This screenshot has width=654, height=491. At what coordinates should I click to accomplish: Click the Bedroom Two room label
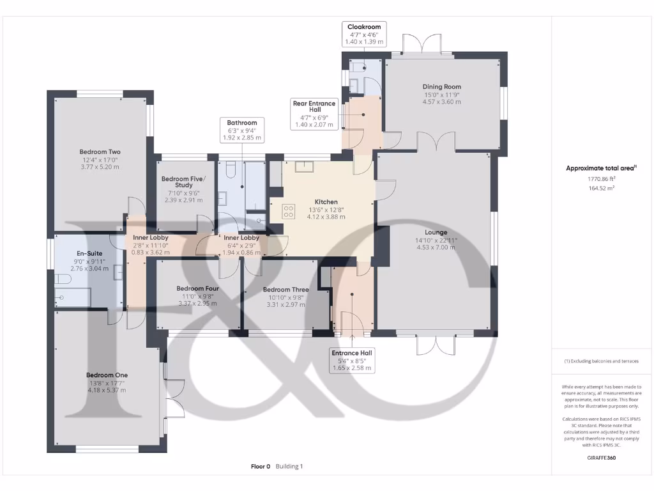[98, 152]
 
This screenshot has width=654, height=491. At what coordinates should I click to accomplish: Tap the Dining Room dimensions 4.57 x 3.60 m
[441, 102]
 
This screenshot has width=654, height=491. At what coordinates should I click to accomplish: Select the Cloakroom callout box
[364, 34]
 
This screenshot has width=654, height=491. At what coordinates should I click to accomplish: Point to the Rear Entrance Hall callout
[314, 114]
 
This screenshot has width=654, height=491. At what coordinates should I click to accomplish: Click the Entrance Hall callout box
[351, 361]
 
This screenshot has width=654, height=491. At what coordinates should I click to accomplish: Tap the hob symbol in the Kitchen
[289, 210]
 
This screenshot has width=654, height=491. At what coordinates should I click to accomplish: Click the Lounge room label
[437, 232]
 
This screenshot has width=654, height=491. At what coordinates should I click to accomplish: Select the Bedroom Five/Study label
[177, 182]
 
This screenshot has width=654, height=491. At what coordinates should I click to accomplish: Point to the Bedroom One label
[107, 375]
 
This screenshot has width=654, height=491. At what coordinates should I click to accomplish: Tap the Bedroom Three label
[285, 290]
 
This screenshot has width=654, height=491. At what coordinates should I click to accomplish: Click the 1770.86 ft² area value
[600, 180]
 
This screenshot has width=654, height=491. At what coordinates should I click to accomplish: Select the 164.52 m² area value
[600, 189]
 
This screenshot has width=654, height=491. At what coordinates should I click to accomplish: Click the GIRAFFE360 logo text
[600, 458]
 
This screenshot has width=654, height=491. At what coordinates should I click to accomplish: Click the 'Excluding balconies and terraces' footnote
[600, 361]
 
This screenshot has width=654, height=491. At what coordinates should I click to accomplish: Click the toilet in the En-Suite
[63, 279]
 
